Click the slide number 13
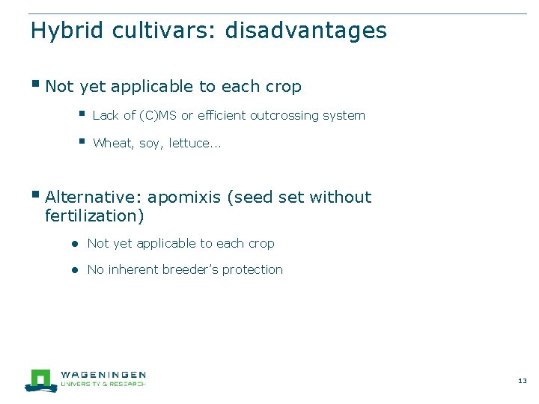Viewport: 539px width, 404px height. pos(522,381)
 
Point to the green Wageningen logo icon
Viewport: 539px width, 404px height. pos(40,379)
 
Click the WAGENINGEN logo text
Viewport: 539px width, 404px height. pos(103,374)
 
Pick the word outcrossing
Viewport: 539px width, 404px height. pos(284,115)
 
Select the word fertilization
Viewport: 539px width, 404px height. pos(94,216)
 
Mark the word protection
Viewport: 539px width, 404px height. pos(257,269)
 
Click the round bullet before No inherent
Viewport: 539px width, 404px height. pos(76,270)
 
